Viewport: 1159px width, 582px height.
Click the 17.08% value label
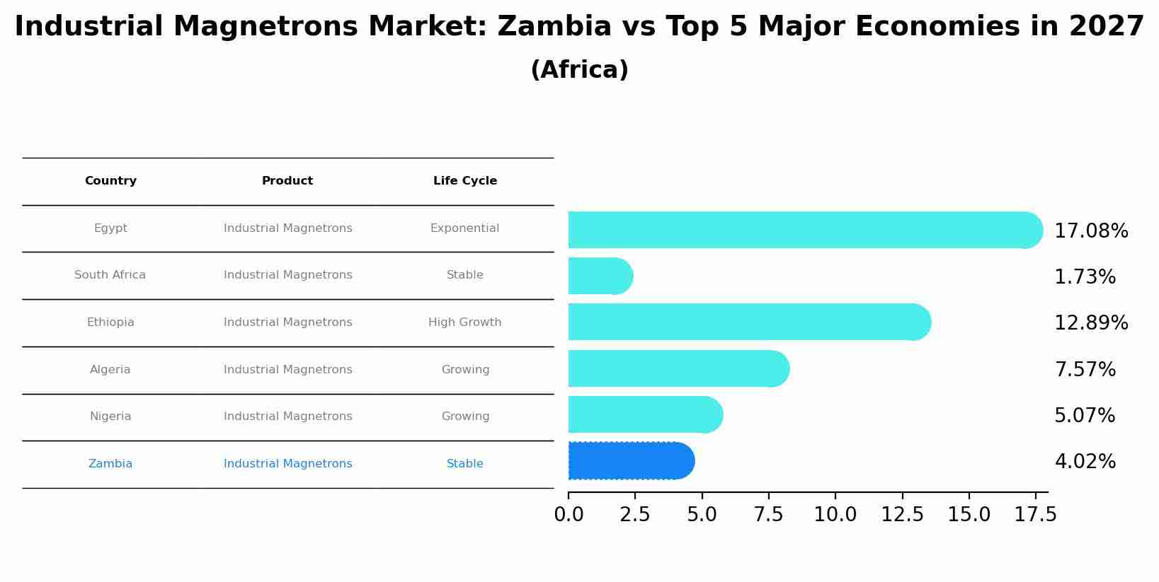pos(1090,231)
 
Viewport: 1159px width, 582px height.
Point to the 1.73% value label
pos(1085,277)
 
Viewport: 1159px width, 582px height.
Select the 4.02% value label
pos(1085,462)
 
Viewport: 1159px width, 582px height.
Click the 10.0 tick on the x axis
pos(835,515)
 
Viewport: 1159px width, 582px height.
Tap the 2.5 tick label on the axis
pos(634,515)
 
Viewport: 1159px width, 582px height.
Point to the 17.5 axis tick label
pos(1035,515)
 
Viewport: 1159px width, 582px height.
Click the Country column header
pos(110,181)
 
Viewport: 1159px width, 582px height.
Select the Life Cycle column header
pos(464,181)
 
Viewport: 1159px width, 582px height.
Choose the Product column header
pos(287,181)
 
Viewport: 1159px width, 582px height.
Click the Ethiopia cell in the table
pos(110,322)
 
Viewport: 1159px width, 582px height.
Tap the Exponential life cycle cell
pos(464,228)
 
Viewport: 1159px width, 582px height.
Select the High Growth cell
pos(464,322)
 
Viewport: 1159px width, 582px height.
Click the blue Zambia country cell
pos(110,464)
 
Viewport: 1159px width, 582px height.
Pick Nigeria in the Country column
pos(110,417)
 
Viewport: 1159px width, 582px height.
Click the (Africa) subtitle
pos(579,70)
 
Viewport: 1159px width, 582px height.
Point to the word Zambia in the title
pos(554,27)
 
